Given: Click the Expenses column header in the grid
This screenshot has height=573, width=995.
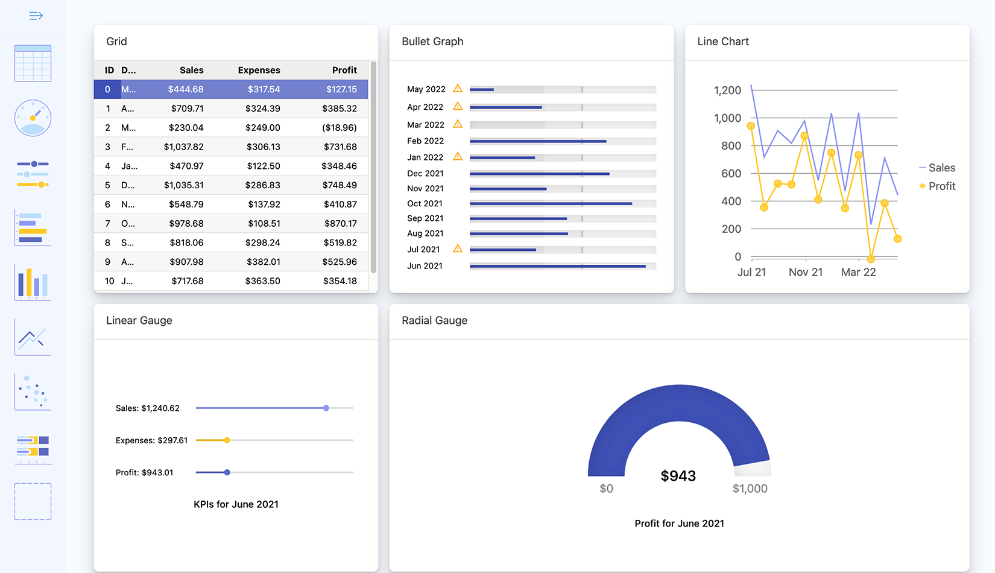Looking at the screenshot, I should (x=259, y=70).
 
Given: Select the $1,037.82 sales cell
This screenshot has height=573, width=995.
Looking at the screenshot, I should (x=184, y=147).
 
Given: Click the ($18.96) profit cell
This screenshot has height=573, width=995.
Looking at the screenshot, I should (x=340, y=128).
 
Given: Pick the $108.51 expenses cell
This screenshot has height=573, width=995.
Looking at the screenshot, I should (x=264, y=223).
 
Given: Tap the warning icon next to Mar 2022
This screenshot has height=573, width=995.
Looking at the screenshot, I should (x=458, y=124).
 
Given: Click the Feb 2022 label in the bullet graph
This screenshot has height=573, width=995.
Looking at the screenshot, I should (x=425, y=141).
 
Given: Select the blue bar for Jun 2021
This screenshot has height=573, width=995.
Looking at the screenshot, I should (x=557, y=266).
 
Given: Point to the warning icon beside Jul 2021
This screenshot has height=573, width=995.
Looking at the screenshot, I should (x=458, y=249).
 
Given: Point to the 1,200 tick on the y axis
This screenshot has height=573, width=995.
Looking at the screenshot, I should (x=727, y=90).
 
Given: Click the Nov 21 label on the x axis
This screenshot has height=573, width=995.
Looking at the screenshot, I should (x=805, y=272).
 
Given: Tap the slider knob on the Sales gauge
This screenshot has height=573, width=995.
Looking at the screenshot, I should (x=326, y=408).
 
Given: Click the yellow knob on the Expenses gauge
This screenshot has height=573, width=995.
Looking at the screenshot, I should (x=227, y=440).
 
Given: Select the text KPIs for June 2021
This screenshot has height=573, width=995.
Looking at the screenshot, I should (x=236, y=504).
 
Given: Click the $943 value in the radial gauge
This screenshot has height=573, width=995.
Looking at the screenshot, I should (x=678, y=476).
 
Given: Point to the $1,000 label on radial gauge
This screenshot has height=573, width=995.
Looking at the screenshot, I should (x=750, y=489).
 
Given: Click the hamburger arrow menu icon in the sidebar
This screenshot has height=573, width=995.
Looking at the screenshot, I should (x=36, y=16).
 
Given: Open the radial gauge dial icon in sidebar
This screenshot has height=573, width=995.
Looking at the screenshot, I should (x=33, y=118).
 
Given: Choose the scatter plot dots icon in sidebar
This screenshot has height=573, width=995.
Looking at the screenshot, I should (x=33, y=391).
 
